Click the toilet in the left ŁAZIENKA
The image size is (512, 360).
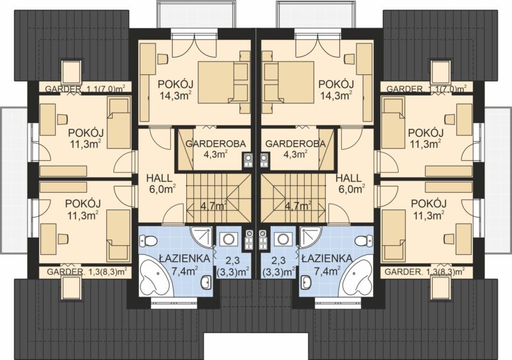[148, 241]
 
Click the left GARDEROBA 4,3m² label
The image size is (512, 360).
[216, 149]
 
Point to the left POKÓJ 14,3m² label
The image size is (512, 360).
[175, 90]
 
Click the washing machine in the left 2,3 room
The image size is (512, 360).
[228, 240]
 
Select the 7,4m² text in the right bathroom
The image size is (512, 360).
[327, 270]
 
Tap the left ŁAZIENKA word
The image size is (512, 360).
[184, 258]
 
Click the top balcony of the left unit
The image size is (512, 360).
[196, 14]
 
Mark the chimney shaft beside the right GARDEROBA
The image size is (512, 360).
[264, 160]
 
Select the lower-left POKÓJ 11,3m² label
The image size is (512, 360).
[83, 209]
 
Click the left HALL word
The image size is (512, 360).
[159, 178]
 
